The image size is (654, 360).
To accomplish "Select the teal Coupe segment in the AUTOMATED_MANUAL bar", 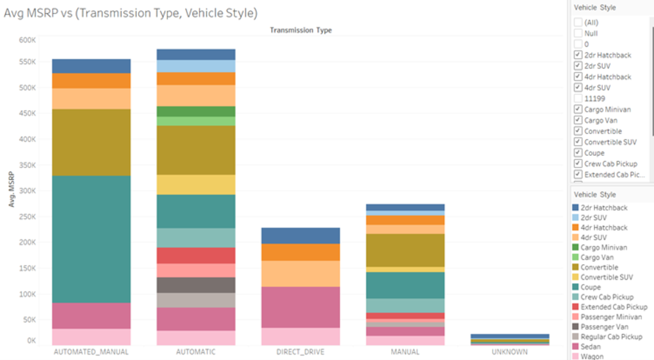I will point(91,239).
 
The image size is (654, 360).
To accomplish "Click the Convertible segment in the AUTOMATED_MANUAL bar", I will point(91,142).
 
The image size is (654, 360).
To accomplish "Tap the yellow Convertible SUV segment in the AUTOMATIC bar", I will point(196,185).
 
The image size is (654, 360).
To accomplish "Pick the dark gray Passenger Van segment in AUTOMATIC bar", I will point(196,285).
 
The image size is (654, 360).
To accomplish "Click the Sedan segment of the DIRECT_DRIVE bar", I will point(300,307).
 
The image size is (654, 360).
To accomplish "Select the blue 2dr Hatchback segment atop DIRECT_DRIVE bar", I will point(300,235).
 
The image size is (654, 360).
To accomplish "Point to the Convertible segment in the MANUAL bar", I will point(405,250).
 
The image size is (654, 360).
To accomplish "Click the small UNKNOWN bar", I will point(510,340).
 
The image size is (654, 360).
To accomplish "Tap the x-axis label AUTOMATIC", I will point(196,352).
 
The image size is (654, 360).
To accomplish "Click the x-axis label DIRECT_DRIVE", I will point(300,352).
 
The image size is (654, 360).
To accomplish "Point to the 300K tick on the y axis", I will point(28,191).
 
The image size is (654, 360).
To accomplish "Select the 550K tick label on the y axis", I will point(28,62).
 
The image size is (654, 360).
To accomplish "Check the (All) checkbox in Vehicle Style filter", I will point(578,22).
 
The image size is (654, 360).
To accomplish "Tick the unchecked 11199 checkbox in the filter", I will point(578,99).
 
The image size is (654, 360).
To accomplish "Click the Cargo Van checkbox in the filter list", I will point(578,120).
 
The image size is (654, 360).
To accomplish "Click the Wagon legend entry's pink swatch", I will point(576,356).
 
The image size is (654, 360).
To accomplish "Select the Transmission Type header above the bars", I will point(300,30).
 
